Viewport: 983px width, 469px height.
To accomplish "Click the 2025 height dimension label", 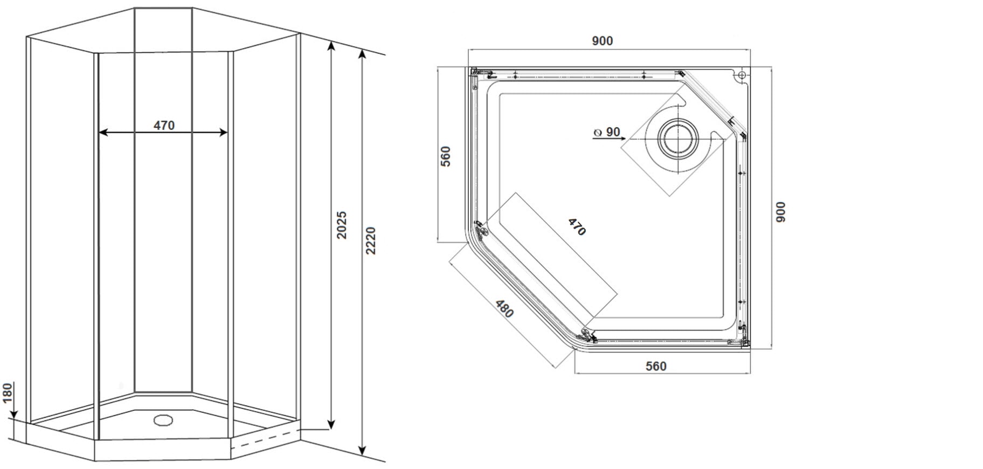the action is tap(341, 225).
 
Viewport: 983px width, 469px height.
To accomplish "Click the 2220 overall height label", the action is tap(370, 241).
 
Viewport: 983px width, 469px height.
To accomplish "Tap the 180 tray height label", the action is tap(7, 393).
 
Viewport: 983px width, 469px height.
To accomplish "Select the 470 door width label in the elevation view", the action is tap(164, 125).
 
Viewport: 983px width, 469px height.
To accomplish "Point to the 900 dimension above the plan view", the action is tap(602, 41).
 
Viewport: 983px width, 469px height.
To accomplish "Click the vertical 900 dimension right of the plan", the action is tap(780, 212).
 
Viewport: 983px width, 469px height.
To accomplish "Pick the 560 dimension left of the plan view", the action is tap(445, 156).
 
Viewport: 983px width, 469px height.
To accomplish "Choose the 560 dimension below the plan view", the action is tap(656, 366).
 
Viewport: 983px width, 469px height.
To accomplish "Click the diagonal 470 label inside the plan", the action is tap(577, 226).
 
